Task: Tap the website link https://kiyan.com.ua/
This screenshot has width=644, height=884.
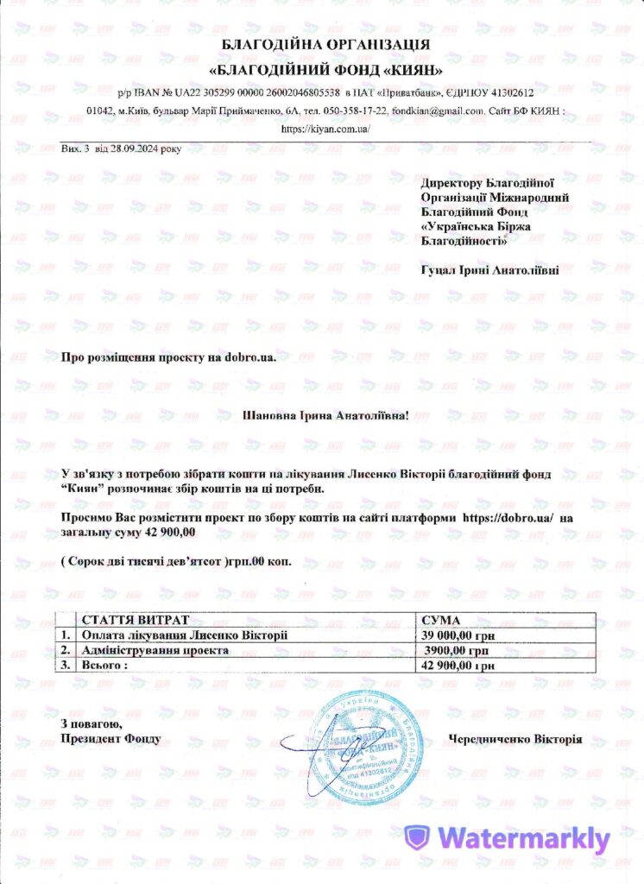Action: (325, 128)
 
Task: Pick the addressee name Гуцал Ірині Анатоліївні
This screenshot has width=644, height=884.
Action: (489, 269)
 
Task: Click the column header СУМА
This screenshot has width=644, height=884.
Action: (440, 621)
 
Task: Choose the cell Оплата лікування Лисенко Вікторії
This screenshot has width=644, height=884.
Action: (184, 635)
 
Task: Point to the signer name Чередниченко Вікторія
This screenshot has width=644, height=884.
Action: (515, 739)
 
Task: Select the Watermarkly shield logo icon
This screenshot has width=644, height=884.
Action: (417, 837)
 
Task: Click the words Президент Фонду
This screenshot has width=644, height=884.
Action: (110, 739)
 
